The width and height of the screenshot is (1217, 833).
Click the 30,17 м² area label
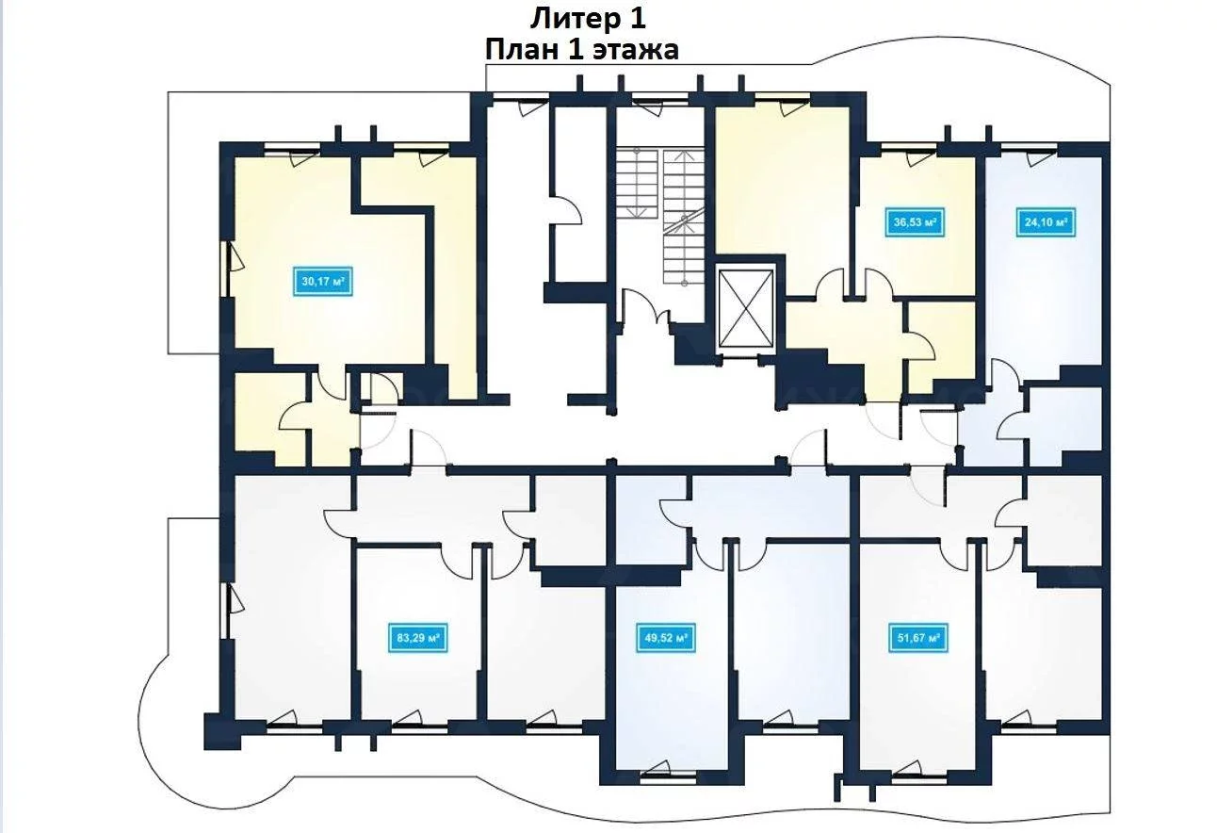[x=323, y=282]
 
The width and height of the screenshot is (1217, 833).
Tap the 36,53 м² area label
[x=915, y=221]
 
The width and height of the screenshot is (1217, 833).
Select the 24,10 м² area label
[x=1046, y=221]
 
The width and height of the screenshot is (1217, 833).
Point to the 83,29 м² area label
[x=418, y=637]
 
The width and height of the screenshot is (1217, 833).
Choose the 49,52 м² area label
[x=666, y=637]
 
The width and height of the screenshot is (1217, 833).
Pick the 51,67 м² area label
[x=918, y=637]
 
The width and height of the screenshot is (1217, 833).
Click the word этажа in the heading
[x=634, y=51]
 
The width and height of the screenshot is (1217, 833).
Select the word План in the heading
[x=521, y=50]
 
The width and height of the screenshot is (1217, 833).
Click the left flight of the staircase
[x=637, y=184]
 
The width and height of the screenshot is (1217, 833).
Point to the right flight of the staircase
[x=684, y=217]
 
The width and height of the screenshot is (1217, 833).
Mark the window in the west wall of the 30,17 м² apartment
[x=224, y=269]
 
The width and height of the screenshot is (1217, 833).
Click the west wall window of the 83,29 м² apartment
[x=224, y=611]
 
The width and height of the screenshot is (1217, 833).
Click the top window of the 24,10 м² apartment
[x=1030, y=146]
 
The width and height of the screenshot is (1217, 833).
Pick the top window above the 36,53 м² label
[x=908, y=146]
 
